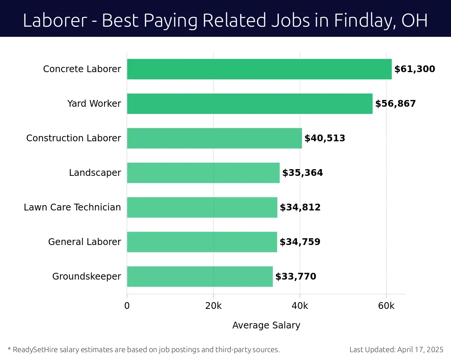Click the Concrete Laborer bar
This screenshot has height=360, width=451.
[x=259, y=69]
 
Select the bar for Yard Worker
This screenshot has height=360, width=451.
[x=250, y=104]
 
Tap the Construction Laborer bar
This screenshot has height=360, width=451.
[x=214, y=138]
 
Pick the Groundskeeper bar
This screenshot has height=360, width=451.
[x=200, y=277]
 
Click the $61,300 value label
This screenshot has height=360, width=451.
[x=415, y=69]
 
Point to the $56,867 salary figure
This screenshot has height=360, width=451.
[x=395, y=104]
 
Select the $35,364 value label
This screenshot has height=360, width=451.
[x=303, y=173]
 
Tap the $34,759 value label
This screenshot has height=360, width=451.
[x=300, y=242]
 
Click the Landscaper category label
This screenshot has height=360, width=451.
[x=95, y=173]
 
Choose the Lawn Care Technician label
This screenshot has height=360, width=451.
[x=72, y=207]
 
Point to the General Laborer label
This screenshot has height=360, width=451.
[x=85, y=242]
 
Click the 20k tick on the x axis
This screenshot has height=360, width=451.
[x=213, y=306]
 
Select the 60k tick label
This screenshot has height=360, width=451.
[x=386, y=306]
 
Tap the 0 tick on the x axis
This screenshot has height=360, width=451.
[x=127, y=306]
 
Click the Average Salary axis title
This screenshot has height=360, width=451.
[x=266, y=325]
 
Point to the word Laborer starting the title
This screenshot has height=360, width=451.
[x=55, y=20]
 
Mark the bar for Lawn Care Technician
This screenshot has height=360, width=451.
[x=202, y=207]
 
